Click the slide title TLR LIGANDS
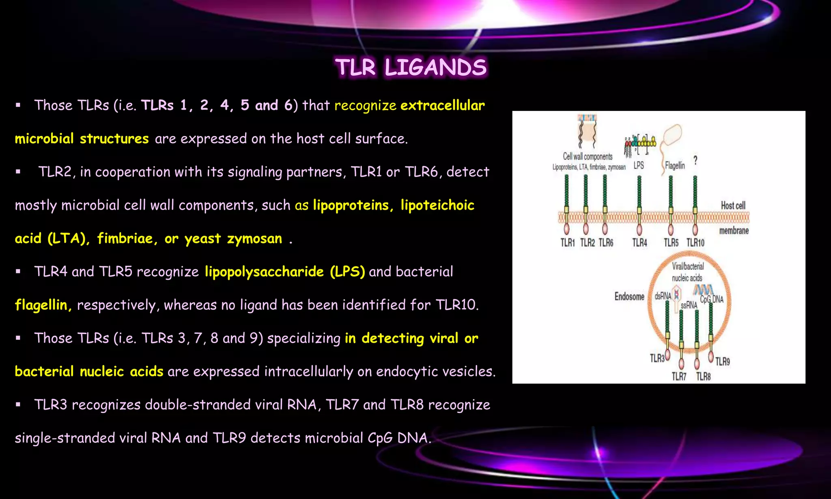click(411, 67)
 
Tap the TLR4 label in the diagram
click(639, 243)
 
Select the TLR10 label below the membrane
click(695, 243)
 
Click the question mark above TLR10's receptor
click(695, 160)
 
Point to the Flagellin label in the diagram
click(675, 166)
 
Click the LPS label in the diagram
click(639, 165)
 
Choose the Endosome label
click(629, 296)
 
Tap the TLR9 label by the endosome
click(722, 361)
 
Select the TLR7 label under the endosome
click(679, 376)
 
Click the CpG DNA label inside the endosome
click(712, 300)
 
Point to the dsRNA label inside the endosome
click(663, 296)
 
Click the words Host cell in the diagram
click(733, 205)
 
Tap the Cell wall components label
click(588, 156)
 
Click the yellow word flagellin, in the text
click(43, 305)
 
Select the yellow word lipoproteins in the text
click(351, 205)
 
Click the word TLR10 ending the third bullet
click(457, 305)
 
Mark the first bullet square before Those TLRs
click(18, 105)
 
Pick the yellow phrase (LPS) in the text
click(347, 272)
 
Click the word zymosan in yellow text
click(254, 238)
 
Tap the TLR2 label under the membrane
click(587, 243)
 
